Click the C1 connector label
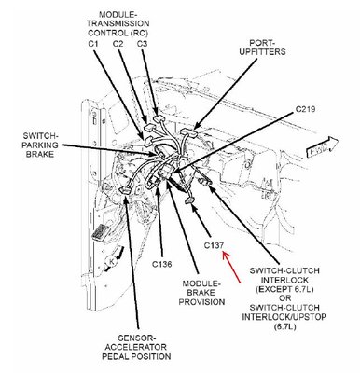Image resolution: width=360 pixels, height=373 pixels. pos(93,44)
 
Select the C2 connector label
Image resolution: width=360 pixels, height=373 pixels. pos(118,44)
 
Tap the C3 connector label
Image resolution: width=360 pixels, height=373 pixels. pos(142,44)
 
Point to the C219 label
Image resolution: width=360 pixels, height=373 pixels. pos(305,109)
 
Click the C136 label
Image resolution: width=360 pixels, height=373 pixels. pos(161,264)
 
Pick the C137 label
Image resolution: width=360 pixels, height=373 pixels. pos(214,245)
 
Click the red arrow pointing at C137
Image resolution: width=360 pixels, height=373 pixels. pos(231,268)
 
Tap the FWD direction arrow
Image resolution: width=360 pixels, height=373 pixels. pos(322,148)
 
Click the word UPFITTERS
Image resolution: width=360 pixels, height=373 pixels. pos(263,51)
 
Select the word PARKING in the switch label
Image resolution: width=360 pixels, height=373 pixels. pos(42,145)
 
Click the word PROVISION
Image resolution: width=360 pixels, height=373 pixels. pos(201,302)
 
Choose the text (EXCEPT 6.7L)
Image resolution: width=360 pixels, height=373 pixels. pos(284,289)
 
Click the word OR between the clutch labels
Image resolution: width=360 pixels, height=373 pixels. pos(284,298)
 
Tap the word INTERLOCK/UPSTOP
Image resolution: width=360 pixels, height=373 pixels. pos(284,317)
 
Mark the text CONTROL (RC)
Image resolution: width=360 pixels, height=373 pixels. pos(119,33)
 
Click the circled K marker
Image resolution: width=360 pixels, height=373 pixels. pos(110,261)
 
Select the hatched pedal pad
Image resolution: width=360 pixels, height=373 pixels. pos(99,232)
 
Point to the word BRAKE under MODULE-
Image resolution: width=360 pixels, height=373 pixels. pos(201,293)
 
